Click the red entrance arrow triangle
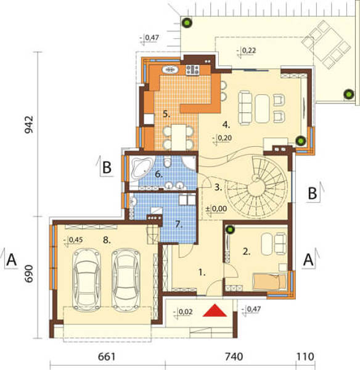(215, 311)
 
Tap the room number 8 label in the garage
(107, 240)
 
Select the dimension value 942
(29, 125)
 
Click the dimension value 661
(107, 356)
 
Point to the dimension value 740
(234, 356)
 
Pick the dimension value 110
(305, 356)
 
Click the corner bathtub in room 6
(142, 168)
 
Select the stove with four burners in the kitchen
(192, 70)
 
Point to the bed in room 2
(269, 281)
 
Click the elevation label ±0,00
(216, 209)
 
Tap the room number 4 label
(226, 125)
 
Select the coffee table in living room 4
(262, 109)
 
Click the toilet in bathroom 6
(167, 161)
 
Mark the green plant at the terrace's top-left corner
(187, 23)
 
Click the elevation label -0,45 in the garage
(75, 240)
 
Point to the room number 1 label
(202, 273)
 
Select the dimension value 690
(29, 274)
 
